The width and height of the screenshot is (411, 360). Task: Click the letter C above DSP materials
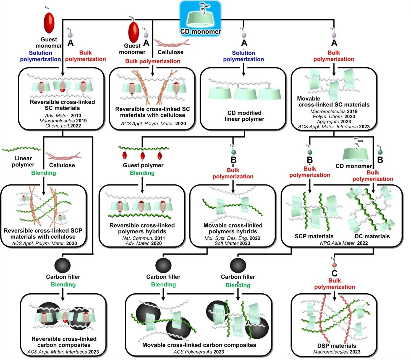tap(334, 273)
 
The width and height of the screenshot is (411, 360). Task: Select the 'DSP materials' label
tap(337, 346)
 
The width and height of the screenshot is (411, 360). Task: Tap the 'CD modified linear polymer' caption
tap(244, 116)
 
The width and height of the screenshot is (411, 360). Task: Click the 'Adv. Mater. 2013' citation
tap(63, 116)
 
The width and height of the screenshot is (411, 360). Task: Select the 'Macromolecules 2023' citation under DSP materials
tap(337, 352)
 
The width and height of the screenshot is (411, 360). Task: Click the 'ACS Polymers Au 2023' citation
tap(199, 352)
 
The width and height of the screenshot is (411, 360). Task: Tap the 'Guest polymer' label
tap(143, 165)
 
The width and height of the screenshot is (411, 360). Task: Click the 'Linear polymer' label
tap(23, 161)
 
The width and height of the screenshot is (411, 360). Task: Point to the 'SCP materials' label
tap(314, 236)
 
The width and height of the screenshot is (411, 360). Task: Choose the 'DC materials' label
tap(372, 236)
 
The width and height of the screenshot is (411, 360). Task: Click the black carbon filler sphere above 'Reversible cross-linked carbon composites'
tap(63, 265)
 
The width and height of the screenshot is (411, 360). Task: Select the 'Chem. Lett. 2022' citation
tap(63, 126)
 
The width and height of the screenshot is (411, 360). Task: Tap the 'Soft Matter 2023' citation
tap(232, 243)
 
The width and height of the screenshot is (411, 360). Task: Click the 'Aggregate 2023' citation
tap(334, 122)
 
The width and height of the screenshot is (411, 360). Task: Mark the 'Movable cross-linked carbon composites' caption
tap(199, 345)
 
